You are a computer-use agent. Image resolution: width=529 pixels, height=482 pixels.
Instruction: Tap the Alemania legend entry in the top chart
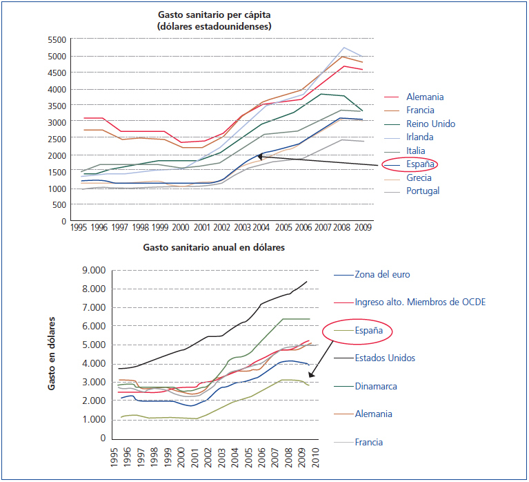(425, 97)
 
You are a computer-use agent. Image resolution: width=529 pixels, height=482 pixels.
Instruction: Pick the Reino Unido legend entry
(430, 124)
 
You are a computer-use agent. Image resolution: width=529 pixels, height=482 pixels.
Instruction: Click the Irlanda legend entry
(421, 137)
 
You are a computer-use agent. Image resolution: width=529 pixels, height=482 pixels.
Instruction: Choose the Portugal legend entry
(423, 191)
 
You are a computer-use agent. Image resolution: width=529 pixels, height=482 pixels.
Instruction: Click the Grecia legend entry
(420, 178)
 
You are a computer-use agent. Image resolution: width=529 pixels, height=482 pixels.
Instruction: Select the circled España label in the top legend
(421, 164)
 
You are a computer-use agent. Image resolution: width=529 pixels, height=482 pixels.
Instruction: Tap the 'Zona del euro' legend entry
(382, 274)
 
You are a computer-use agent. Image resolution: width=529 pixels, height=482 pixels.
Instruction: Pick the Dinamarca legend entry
(375, 387)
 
